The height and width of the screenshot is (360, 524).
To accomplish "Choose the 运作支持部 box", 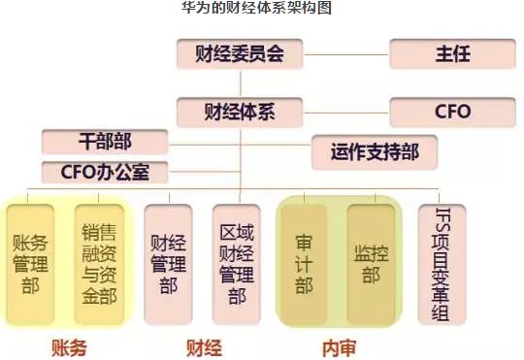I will [x=374, y=150].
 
